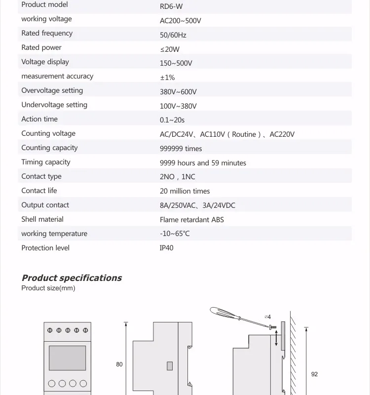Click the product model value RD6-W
coord(171,7)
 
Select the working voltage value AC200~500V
coord(180,21)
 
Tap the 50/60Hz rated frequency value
coord(173,36)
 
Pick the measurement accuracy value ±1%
coord(167,78)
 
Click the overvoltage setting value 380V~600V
coord(178,92)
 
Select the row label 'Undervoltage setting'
coord(54,105)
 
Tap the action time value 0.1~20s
coord(172,120)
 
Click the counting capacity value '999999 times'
coord(181,149)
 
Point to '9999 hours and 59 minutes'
coord(203,163)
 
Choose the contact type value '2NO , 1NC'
coord(177,177)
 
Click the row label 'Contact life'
coord(39,191)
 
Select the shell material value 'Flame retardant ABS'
coord(191,220)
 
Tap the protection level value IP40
coord(166,248)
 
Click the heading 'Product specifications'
coord(72,278)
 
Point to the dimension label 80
coord(119,364)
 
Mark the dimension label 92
coord(315,374)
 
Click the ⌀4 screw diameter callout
coord(267,317)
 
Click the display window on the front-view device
coord(67,357)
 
